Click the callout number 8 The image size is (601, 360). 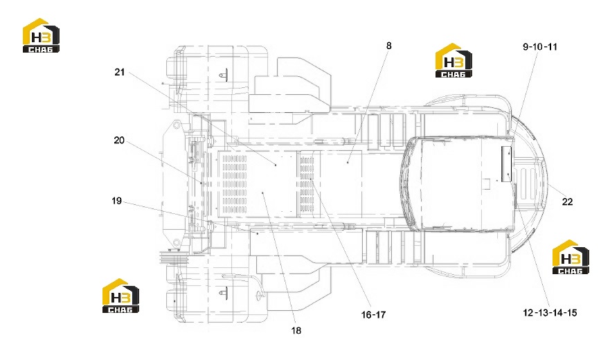tap(388, 46)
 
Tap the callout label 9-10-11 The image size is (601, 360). tap(539, 47)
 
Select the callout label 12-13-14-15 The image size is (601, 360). tap(550, 313)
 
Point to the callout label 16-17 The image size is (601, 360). tap(373, 315)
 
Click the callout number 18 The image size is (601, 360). tap(296, 330)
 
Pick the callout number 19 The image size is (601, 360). tap(116, 201)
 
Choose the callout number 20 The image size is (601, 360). tap(119, 141)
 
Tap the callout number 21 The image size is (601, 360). tap(120, 72)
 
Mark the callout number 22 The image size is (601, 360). tap(567, 201)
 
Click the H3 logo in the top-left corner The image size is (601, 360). tap(41, 35)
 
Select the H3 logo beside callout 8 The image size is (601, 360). tap(454, 60)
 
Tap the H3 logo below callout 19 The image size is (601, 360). tap(120, 296)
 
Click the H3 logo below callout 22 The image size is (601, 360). tap(571, 258)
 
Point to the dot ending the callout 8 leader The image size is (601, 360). tap(348, 163)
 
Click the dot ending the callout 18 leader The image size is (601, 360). tap(262, 193)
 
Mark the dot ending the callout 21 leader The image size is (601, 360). tap(276, 165)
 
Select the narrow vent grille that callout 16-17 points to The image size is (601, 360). tap(307, 184)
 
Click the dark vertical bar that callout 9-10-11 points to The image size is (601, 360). tap(507, 163)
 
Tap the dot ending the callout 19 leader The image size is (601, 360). tap(258, 233)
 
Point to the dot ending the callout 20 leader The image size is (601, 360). tap(201, 183)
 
